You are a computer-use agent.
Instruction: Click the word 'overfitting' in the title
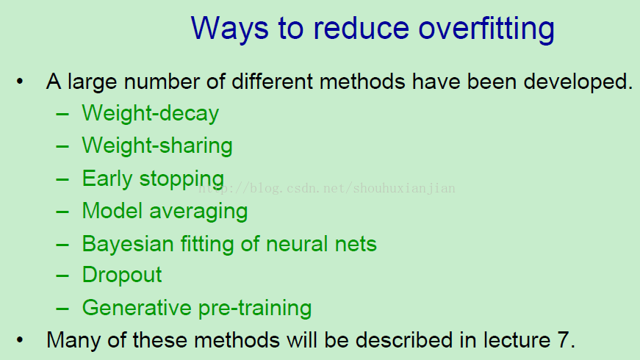coord(486,29)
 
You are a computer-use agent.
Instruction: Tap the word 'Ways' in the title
coord(229,29)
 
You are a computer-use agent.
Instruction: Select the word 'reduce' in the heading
coord(362,28)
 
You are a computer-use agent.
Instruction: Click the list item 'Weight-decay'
coord(151,113)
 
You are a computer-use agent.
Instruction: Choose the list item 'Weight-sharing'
coord(157,145)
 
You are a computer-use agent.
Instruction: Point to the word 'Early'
coord(107,179)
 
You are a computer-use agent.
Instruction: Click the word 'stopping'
coord(181,179)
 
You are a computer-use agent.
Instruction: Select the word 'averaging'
coord(198,212)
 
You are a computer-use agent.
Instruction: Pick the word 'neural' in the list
coord(297,244)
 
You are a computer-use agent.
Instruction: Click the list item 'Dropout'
coord(122,275)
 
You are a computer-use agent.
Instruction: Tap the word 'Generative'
coord(137,307)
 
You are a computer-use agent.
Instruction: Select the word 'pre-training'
coord(255,308)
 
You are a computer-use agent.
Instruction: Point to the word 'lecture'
coord(517,339)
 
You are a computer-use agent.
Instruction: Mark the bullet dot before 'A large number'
coord(20,82)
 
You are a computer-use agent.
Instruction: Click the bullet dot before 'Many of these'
coord(20,339)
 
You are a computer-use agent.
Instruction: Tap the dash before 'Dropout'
coord(62,276)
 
